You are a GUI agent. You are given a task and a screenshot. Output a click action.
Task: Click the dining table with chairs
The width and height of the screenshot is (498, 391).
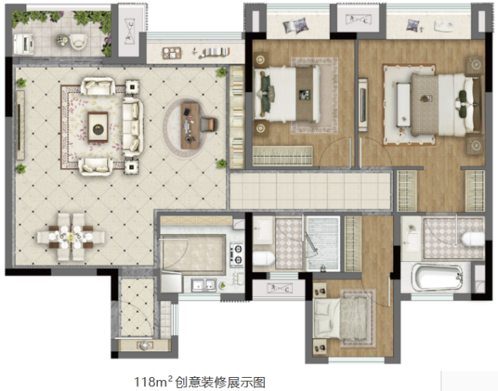tap(71, 237)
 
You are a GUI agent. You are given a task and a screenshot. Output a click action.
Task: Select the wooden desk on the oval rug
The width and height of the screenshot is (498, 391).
tap(190, 126)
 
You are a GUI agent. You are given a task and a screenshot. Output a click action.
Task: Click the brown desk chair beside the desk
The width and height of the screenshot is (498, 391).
tap(209, 124)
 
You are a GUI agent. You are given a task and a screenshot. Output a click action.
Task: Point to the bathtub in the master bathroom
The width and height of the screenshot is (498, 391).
tap(437, 278)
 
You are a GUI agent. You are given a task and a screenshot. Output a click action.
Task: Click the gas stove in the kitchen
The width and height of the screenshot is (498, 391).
tap(236, 254)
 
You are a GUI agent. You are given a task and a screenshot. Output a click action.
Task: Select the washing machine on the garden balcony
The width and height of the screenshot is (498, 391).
tap(23, 44)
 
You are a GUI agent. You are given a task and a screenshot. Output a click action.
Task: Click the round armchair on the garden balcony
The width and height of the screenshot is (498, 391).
tap(78, 42)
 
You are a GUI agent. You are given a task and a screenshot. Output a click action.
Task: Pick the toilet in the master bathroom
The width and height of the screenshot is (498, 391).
tap(473, 239)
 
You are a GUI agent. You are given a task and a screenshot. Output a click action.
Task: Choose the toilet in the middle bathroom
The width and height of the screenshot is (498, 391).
tap(263, 258)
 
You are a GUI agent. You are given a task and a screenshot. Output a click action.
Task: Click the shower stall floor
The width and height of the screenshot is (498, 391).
tap(323, 243)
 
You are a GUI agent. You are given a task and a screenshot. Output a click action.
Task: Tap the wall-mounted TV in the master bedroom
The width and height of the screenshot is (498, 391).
tap(363, 105)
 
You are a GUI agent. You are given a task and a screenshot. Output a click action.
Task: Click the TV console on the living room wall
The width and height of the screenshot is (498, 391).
tap(20, 125)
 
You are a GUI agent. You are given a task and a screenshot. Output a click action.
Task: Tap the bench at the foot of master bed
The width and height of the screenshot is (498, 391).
tap(403, 105)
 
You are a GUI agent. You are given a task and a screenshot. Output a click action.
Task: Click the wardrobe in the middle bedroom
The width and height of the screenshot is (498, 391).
tap(283, 155)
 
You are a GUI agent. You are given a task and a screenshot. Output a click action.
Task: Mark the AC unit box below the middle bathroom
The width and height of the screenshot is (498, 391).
tap(280, 288)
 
